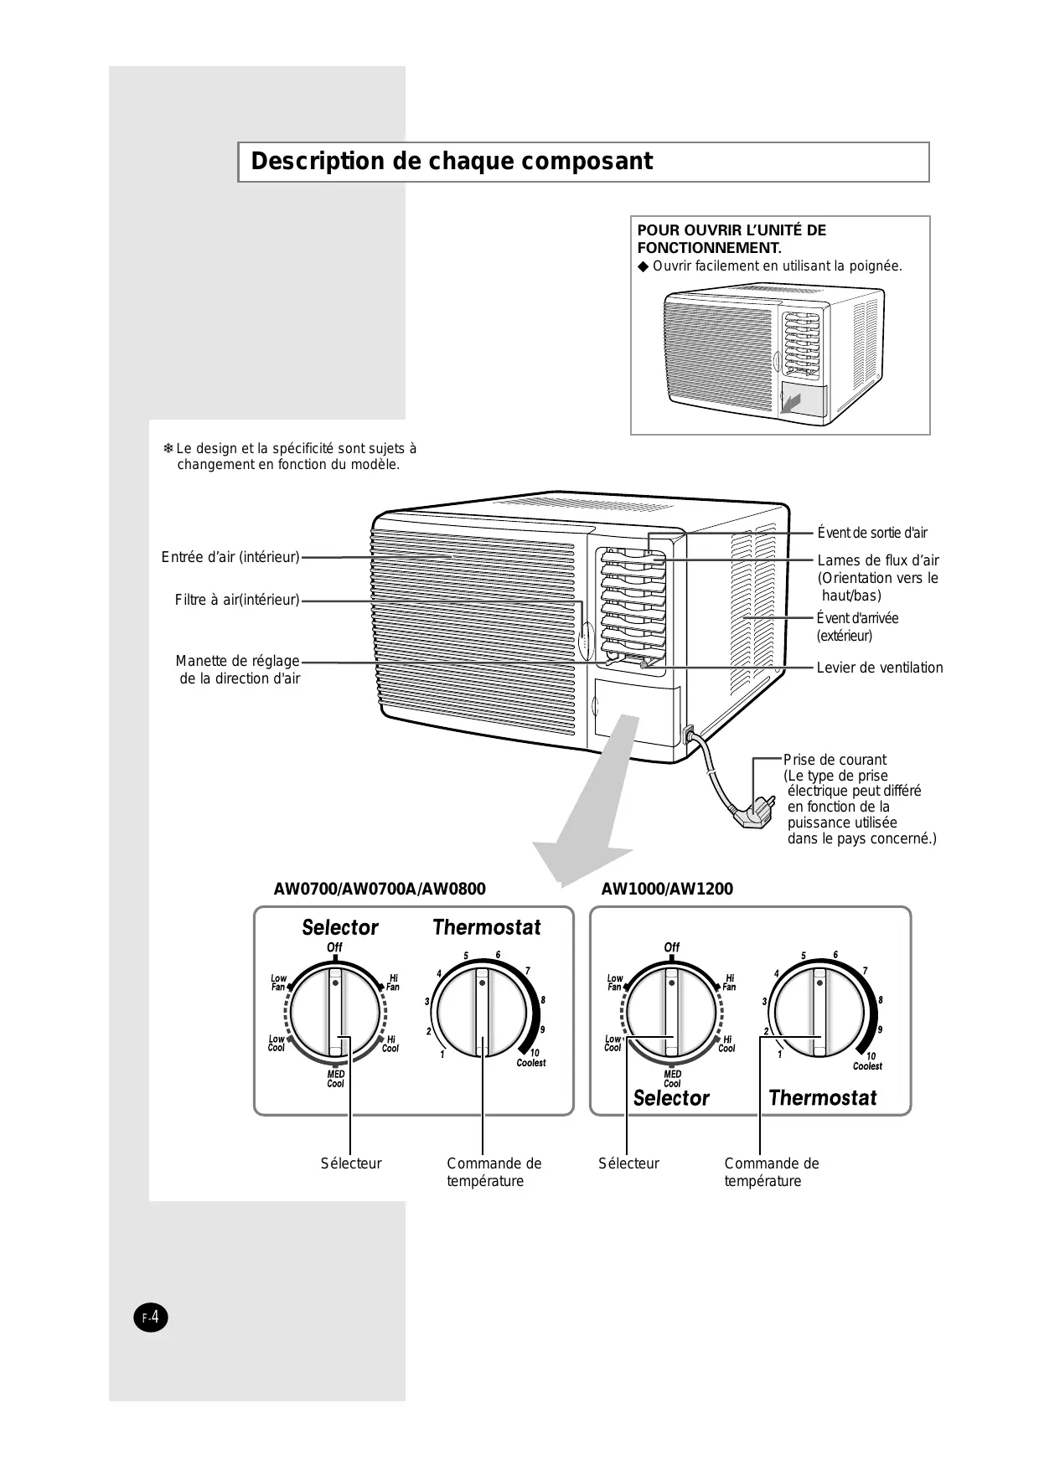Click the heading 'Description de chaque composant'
[x=452, y=162]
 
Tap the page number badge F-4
[x=151, y=1318]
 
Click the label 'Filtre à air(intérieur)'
[x=237, y=600]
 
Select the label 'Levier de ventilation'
[x=880, y=668]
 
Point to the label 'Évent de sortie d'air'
[x=872, y=533]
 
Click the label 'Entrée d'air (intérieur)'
[x=230, y=557]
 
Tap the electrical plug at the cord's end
[x=757, y=812]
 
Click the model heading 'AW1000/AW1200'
[x=667, y=889]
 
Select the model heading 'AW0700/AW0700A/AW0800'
[x=380, y=889]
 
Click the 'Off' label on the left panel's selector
[x=334, y=947]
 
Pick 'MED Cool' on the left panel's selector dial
[x=335, y=1079]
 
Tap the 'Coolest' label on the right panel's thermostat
[x=867, y=1066]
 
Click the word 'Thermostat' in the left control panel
[x=487, y=927]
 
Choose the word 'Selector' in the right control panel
[x=671, y=1098]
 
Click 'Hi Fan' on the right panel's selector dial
[x=729, y=983]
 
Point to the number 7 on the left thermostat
[x=527, y=971]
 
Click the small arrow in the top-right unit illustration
[x=792, y=402]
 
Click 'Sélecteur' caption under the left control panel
[x=350, y=1163]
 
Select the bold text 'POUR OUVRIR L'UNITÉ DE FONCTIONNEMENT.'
[x=731, y=239]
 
